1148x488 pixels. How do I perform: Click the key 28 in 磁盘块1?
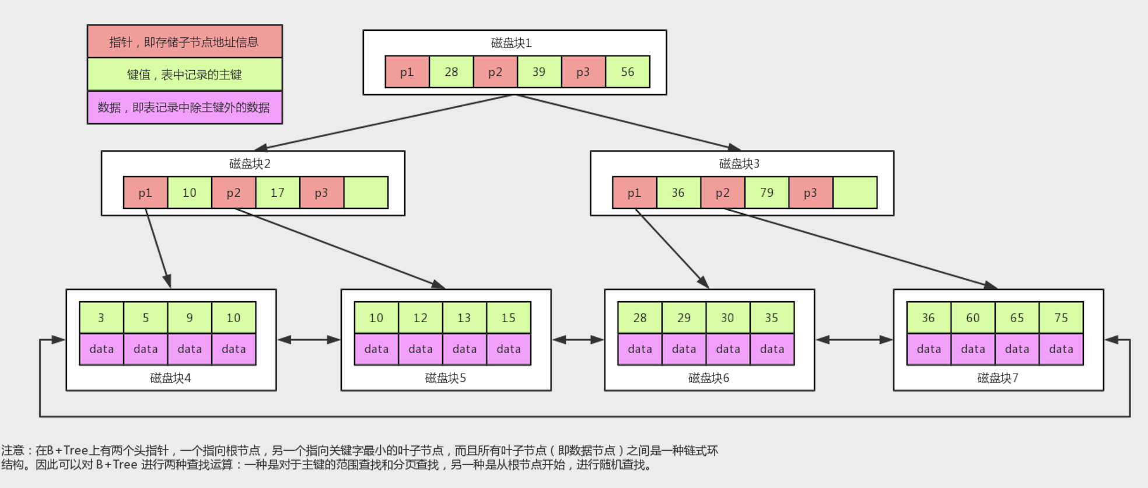(451, 72)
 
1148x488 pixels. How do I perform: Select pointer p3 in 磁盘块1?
(583, 72)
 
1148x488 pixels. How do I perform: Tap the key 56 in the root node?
(627, 72)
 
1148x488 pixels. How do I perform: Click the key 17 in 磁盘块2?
(278, 193)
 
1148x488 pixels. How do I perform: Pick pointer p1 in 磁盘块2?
(145, 193)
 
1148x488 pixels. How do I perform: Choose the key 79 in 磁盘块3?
(766, 193)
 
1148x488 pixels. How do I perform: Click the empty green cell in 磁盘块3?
(855, 193)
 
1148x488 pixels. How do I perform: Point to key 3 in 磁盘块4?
(101, 318)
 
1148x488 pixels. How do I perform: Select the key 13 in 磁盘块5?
(464, 318)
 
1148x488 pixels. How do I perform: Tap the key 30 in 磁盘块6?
(727, 318)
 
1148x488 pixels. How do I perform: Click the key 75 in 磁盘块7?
(1061, 318)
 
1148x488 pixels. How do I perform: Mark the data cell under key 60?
(973, 349)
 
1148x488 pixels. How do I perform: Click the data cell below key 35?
(772, 349)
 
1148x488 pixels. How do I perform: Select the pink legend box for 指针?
(184, 41)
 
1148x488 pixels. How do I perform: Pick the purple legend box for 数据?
(184, 107)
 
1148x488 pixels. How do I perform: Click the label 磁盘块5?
(445, 378)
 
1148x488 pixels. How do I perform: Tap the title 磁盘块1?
(511, 43)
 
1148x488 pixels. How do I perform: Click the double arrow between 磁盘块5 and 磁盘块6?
(577, 340)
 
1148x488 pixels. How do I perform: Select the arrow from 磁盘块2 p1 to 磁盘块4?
(157, 248)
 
